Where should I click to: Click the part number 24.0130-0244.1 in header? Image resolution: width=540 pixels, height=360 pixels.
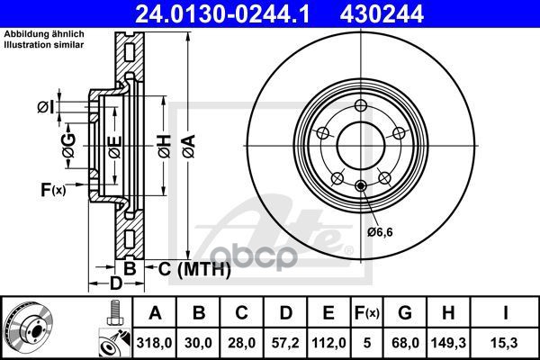(222, 13)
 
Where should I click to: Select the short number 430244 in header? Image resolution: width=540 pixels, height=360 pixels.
(382, 13)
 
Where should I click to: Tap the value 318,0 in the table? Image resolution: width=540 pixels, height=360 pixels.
(154, 343)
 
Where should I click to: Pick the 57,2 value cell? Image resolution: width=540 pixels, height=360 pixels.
(285, 343)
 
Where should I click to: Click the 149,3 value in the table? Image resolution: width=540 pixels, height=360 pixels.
(448, 343)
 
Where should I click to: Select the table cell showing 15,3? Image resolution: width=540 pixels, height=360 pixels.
(505, 343)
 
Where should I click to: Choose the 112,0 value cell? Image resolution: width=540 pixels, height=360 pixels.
(328, 343)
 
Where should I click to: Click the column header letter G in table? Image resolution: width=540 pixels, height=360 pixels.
(405, 313)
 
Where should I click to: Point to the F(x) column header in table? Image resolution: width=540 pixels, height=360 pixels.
(367, 313)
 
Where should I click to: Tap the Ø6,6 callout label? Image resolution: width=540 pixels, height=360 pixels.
(380, 232)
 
